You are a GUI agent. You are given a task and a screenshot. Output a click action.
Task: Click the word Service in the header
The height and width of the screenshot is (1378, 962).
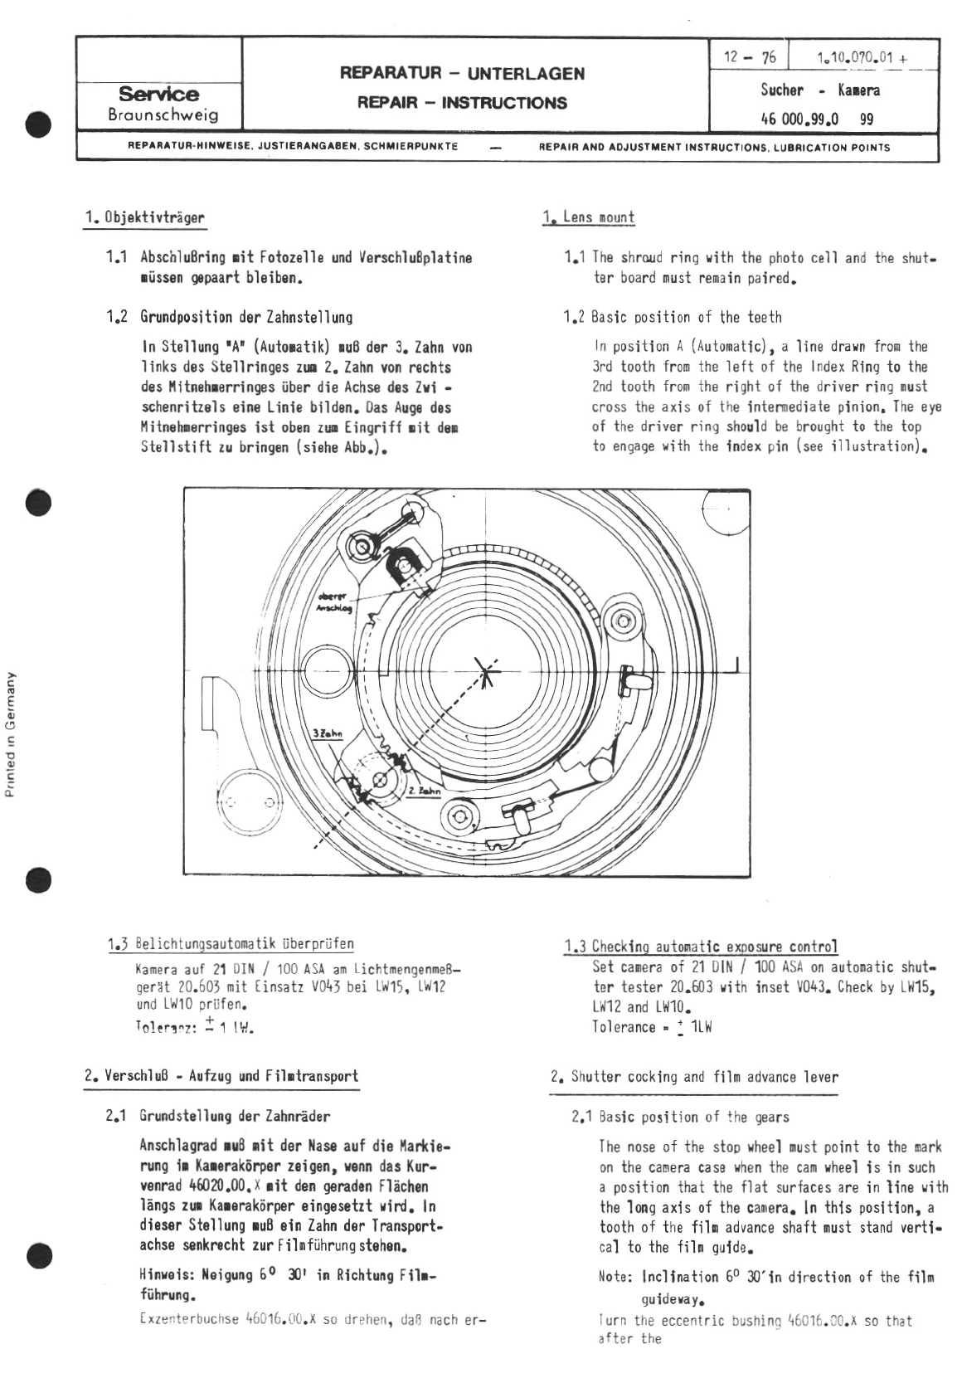[x=158, y=94]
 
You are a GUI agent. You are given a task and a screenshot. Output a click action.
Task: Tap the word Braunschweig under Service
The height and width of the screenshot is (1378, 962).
[x=163, y=114]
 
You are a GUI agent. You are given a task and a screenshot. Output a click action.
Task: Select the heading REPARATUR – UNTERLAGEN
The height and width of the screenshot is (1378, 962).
[x=462, y=73]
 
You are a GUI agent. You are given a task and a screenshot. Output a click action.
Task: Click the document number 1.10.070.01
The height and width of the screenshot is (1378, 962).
[x=855, y=57]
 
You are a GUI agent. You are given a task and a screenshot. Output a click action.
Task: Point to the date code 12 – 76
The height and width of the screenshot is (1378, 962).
[x=750, y=56]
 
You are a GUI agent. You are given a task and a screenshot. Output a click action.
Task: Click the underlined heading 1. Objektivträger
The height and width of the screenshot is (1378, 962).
[x=144, y=217]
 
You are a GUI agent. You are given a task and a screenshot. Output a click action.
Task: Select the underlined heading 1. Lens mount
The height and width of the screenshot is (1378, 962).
[x=590, y=217]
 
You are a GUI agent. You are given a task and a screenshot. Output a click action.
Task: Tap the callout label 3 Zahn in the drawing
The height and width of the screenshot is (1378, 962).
[x=328, y=734]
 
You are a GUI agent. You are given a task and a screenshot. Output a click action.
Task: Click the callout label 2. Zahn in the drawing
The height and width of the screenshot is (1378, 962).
[x=422, y=792]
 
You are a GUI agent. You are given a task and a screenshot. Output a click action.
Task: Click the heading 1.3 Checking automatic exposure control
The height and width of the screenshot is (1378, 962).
[x=701, y=947]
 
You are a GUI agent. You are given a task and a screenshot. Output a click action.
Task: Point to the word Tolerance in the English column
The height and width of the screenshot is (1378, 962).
[x=624, y=1027]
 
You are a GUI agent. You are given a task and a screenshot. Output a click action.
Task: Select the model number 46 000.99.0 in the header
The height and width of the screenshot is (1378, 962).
[x=799, y=119]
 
